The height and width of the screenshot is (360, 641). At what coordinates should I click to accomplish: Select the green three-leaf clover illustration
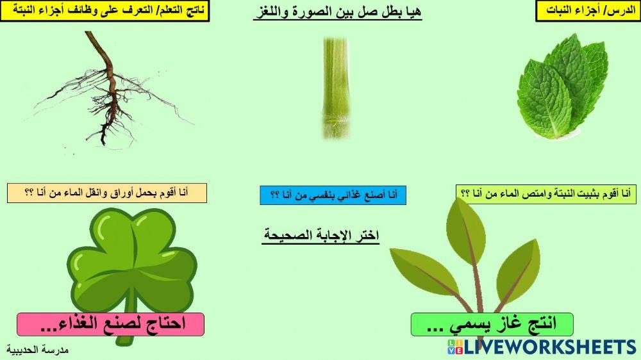(131, 263)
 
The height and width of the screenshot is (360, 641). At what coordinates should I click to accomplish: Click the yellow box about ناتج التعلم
(105, 11)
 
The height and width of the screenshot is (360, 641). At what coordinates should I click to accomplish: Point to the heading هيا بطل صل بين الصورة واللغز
(337, 12)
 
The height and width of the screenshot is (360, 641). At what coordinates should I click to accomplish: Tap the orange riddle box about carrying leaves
(106, 193)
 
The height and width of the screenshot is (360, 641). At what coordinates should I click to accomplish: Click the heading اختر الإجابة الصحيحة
(321, 235)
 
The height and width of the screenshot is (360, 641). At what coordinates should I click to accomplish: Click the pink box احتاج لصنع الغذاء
(110, 324)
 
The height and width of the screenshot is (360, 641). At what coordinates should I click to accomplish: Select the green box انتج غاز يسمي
(492, 324)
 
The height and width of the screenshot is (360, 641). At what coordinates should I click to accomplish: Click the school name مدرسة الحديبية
(38, 350)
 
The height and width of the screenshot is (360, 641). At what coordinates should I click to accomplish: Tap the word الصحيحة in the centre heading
(287, 235)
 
